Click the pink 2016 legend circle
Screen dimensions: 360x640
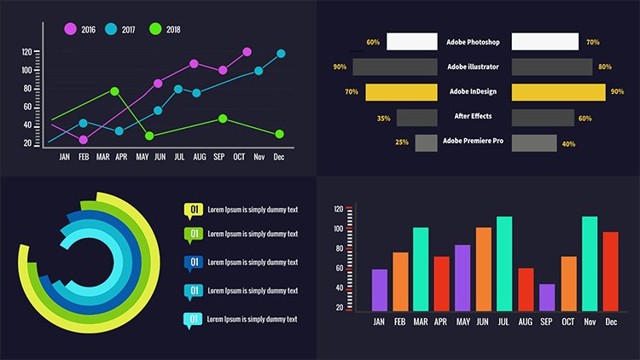coord(70,29)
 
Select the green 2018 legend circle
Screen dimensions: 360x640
coord(154,29)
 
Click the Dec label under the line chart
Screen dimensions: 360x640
coord(279,157)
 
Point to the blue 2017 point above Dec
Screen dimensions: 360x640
coord(281,54)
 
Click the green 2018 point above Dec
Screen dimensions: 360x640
coord(280,134)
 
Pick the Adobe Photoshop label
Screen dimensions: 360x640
coord(472,41)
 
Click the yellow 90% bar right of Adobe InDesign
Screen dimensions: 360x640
coord(556,92)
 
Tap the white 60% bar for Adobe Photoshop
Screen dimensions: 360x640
coord(411,42)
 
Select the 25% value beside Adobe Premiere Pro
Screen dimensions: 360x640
coord(401,142)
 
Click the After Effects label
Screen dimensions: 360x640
coord(474,117)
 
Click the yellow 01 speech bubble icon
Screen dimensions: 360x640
coord(194,210)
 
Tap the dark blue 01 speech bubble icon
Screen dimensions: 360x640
coord(194,262)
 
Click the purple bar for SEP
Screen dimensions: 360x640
coord(547,296)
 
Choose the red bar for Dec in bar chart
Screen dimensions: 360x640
coord(610,270)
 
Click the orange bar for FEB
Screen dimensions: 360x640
coord(400,281)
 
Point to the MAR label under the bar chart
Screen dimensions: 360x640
coord(421,322)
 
